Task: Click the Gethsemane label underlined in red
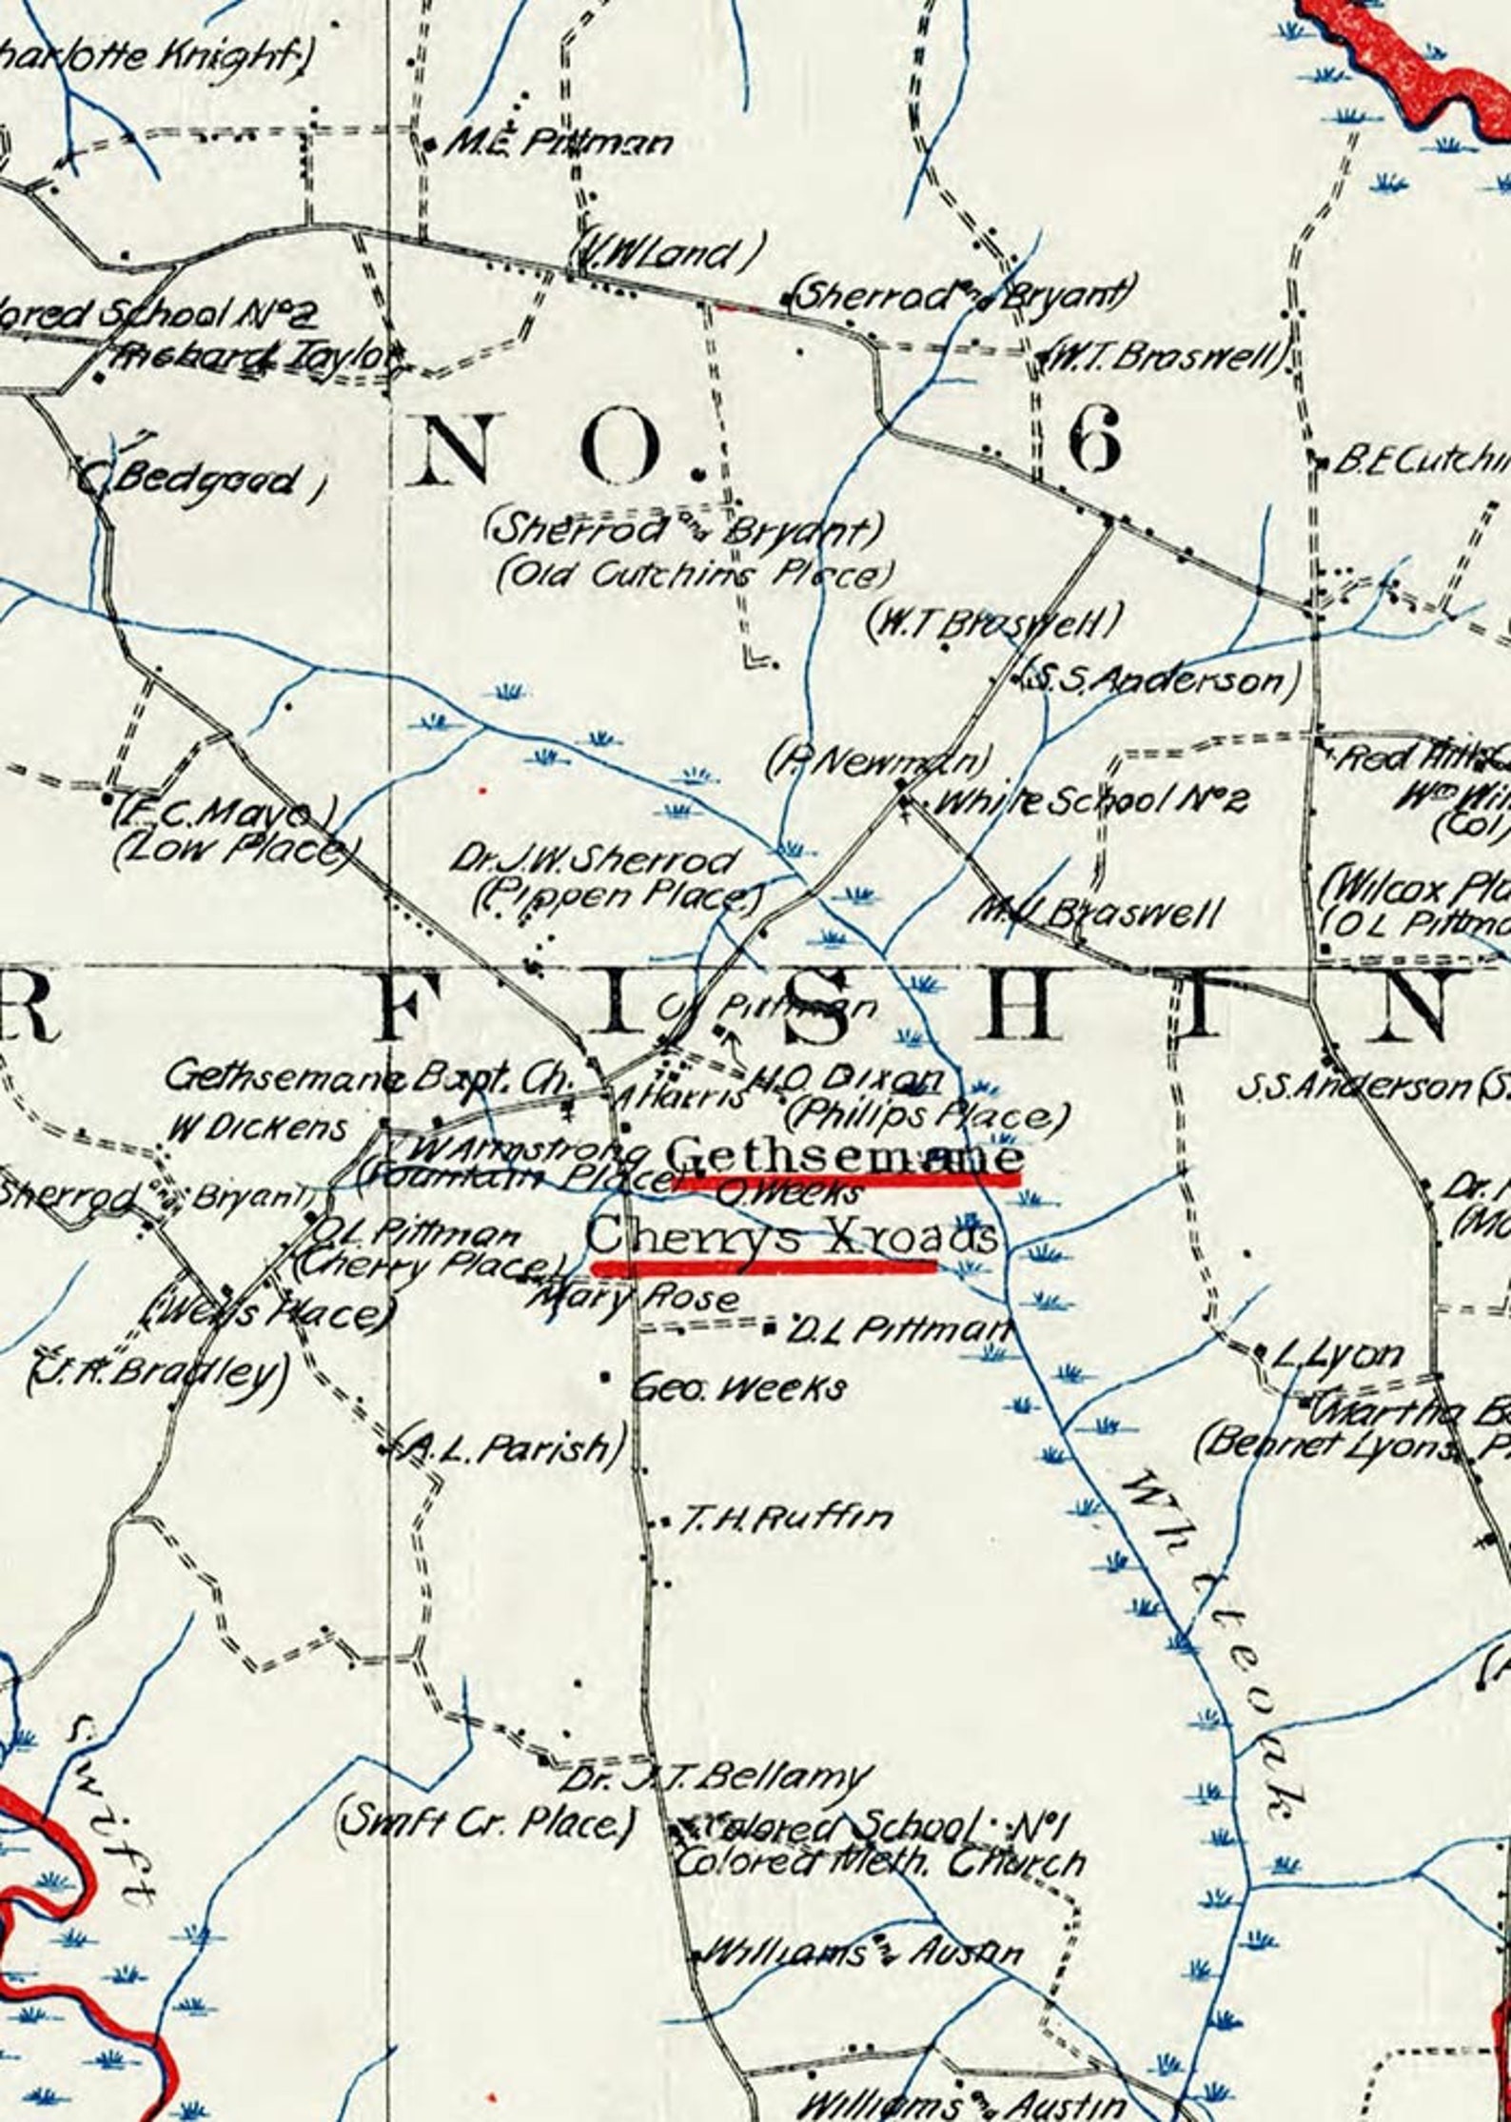(x=845, y=1158)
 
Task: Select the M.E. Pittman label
(x=559, y=144)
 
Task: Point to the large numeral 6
(x=1094, y=445)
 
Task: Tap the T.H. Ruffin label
(x=785, y=1519)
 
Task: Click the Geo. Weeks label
(x=739, y=1389)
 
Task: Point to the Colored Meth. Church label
(x=880, y=1862)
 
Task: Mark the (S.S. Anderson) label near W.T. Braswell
(x=1155, y=679)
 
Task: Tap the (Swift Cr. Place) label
(x=485, y=1822)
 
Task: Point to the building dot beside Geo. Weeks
(x=605, y=1377)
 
